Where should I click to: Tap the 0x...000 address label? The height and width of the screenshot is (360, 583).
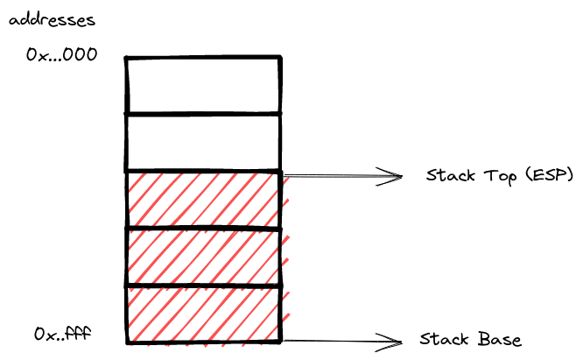[62, 55]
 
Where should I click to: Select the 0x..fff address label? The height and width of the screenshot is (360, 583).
[63, 335]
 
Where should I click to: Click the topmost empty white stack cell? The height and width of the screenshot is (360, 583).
[203, 85]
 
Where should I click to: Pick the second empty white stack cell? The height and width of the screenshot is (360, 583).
[203, 142]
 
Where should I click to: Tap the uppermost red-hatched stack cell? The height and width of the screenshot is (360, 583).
[203, 199]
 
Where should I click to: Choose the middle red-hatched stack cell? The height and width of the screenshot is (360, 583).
[203, 256]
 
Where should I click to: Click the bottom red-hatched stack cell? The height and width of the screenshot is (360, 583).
[203, 314]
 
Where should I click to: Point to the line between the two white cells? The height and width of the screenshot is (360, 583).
[203, 113]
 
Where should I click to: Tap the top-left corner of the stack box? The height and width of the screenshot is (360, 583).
[127, 58]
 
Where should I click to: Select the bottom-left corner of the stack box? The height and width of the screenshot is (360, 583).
[128, 342]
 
